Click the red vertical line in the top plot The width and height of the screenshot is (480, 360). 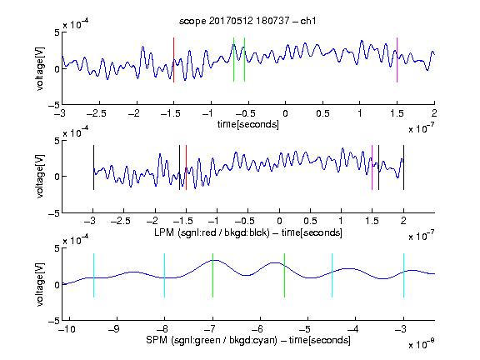click(x=173, y=60)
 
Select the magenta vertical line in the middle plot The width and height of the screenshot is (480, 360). click(x=372, y=167)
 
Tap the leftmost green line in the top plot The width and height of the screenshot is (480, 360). click(x=233, y=60)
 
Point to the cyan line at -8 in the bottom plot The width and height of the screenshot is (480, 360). click(x=164, y=275)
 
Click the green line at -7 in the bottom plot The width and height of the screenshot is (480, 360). click(x=212, y=275)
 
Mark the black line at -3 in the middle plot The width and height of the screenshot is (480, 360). click(x=93, y=167)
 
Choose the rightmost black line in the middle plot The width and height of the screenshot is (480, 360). click(x=403, y=167)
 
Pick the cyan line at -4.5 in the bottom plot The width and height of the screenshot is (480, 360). click(x=332, y=275)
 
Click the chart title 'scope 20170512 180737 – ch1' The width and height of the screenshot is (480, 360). click(x=247, y=21)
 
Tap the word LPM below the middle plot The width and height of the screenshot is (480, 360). click(x=164, y=232)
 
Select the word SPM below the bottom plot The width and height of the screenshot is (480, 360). click(x=157, y=340)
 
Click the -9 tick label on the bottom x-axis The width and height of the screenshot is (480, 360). click(x=114, y=329)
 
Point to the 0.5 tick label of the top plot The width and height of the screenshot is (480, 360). click(x=322, y=113)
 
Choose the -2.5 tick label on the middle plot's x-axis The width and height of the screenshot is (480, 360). click(x=121, y=221)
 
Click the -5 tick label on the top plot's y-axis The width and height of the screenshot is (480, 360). click(x=54, y=106)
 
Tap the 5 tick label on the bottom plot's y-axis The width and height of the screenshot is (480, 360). click(x=57, y=248)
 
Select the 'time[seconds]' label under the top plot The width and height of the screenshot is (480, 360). click(x=248, y=124)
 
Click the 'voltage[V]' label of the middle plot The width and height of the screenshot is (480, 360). click(x=40, y=177)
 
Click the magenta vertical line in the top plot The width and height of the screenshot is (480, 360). click(x=397, y=60)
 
